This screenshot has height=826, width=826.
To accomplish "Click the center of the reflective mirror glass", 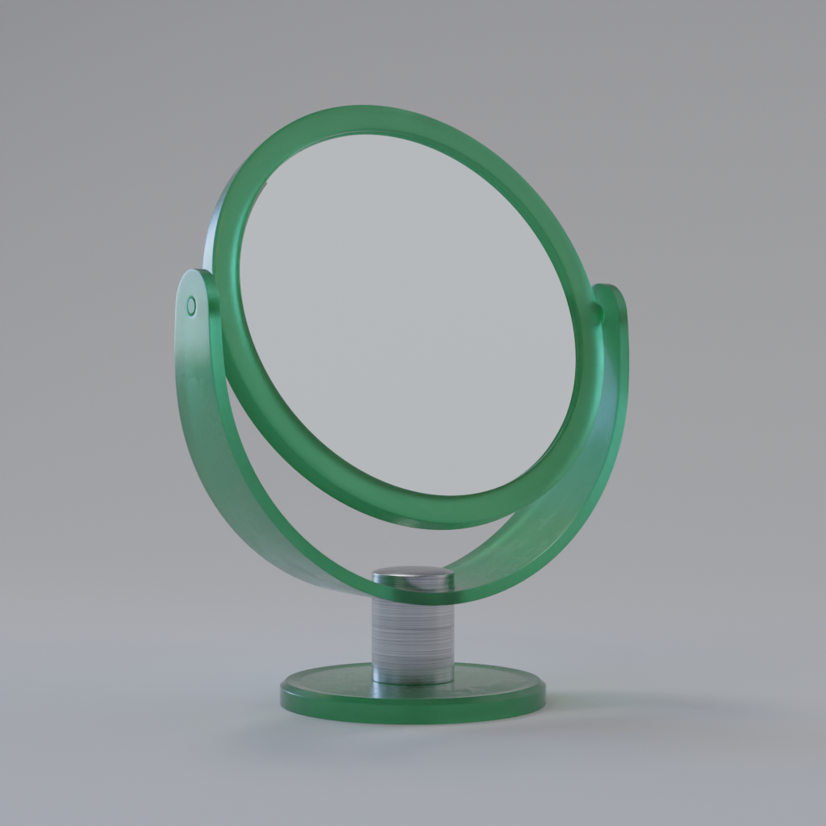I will [407, 315].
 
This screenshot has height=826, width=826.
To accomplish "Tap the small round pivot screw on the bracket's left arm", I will [191, 306].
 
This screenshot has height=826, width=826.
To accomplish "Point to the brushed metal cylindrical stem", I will [412, 637].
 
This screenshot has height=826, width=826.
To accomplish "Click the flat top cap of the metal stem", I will [412, 576].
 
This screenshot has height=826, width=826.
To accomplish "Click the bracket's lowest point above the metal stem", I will [412, 595].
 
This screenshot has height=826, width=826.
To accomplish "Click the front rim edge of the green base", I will [412, 713].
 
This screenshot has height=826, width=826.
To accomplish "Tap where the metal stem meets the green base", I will [412, 682].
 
